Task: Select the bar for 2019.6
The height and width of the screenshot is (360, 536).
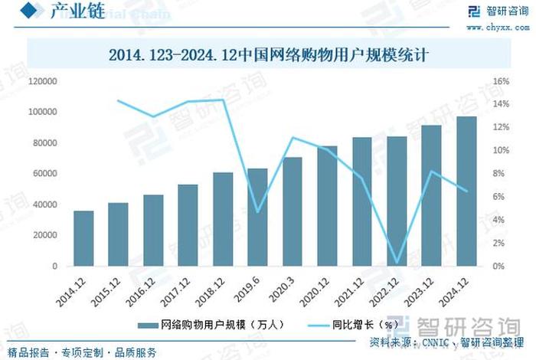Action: [x=257, y=218]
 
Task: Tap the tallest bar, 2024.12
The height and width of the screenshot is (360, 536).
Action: [x=466, y=191]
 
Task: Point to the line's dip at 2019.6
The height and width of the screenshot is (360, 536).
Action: [x=257, y=212]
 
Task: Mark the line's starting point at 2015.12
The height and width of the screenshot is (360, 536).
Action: [x=118, y=100]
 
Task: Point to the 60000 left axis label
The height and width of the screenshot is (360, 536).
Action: [x=44, y=174]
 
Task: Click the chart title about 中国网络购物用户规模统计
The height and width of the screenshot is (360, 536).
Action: [x=267, y=55]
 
